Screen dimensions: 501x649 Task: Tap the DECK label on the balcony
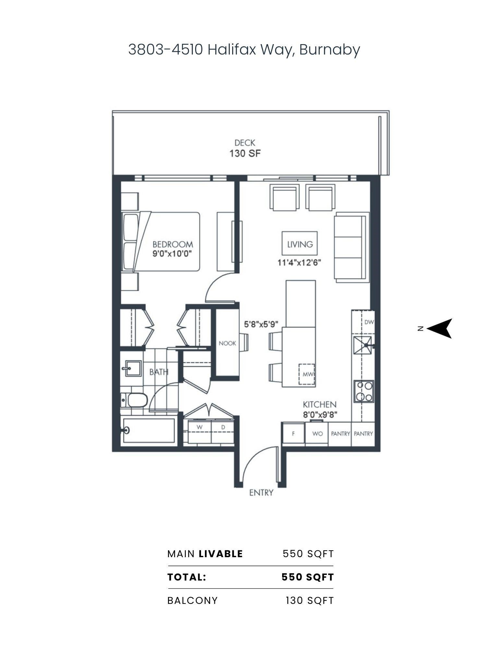coord(245,142)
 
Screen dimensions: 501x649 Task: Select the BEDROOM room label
coord(173,244)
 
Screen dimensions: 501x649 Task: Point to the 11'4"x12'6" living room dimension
coord(299,263)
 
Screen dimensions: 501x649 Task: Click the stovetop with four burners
coord(364,391)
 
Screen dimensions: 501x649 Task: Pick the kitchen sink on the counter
coord(363,346)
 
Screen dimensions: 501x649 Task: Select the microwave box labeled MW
coord(306,374)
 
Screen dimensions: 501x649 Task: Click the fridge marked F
coord(293,433)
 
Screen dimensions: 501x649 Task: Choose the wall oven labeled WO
coord(317,433)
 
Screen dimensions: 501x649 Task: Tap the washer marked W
coord(199,432)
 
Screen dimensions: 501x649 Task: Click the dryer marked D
coord(223,432)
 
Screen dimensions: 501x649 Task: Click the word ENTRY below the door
coord(261,493)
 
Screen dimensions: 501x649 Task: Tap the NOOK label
coord(227,343)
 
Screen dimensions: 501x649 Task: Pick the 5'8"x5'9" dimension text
coord(261,324)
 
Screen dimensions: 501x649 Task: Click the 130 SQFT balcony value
coord(309,601)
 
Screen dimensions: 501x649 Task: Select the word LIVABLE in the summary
coord(221,554)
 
